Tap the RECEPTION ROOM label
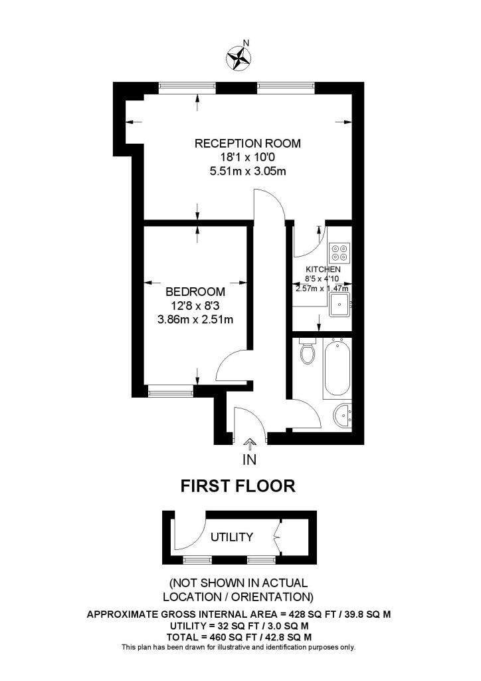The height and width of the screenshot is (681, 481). [x=247, y=143]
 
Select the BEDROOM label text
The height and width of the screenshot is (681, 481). [x=195, y=291]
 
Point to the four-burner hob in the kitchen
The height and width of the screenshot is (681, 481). [x=339, y=251]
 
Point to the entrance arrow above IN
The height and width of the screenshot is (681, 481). [x=250, y=443]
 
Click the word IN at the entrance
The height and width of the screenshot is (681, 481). [x=250, y=459]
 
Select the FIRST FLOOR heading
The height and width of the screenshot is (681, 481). [x=239, y=486]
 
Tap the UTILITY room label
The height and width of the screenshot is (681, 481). [x=232, y=537]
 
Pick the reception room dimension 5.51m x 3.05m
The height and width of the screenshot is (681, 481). [x=247, y=171]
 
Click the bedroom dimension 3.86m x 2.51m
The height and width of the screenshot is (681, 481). [x=195, y=319]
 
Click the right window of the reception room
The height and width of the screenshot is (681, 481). [x=286, y=86]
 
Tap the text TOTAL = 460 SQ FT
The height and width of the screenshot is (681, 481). [x=223, y=636]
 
